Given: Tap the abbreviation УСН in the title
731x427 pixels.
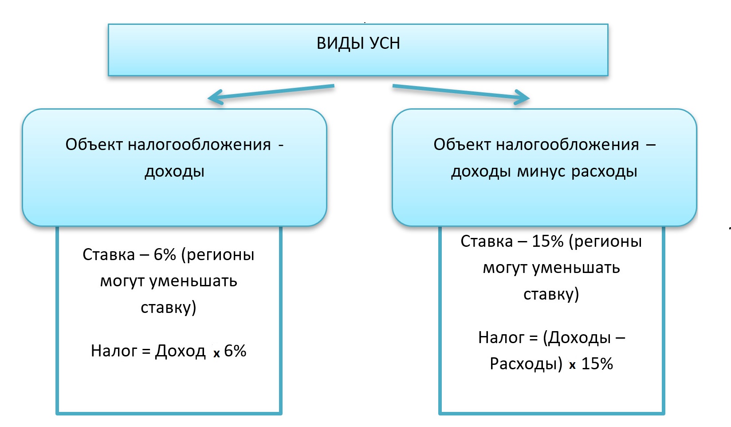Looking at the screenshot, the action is coord(385,43).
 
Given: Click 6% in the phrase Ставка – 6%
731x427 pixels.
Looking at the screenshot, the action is coord(165,254).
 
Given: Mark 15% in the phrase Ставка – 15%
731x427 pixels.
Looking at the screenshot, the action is coord(548,241).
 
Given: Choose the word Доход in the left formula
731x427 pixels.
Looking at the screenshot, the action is coord(181,351).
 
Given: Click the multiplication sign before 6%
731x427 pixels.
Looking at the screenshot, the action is coord(216,353).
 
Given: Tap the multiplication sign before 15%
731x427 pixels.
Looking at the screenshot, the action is coord(572,365).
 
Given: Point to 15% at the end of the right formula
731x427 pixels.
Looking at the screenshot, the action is coord(597,364).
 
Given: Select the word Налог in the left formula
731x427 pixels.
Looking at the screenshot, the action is coord(114,351).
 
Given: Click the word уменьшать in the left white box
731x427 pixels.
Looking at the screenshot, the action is coord(193,281).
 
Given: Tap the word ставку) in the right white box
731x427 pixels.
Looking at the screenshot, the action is coord(551,294).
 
